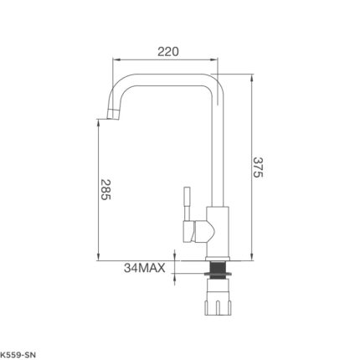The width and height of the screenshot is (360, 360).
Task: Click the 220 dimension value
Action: [x=167, y=52]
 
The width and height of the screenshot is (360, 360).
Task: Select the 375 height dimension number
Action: [x=258, y=167]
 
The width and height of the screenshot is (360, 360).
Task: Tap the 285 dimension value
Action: [x=105, y=189]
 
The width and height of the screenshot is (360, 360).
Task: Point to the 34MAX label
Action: [x=145, y=268]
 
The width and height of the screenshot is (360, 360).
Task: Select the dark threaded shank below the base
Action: [x=218, y=270]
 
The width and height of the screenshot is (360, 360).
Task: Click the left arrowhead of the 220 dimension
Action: [x=116, y=59]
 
